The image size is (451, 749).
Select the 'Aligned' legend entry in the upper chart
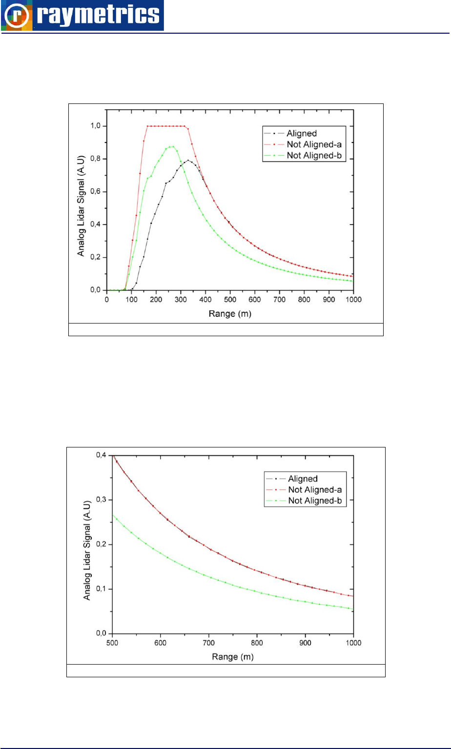coord(302,132)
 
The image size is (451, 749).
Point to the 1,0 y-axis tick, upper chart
coord(95,126)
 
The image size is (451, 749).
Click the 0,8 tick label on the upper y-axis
coord(95,159)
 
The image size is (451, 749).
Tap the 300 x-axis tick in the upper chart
coord(181,300)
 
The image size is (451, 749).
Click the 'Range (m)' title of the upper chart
coord(229,314)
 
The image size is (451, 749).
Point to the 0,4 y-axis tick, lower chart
coord(100,455)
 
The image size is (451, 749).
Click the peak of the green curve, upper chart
coord(171,146)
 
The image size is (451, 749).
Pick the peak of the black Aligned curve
coord(188,160)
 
